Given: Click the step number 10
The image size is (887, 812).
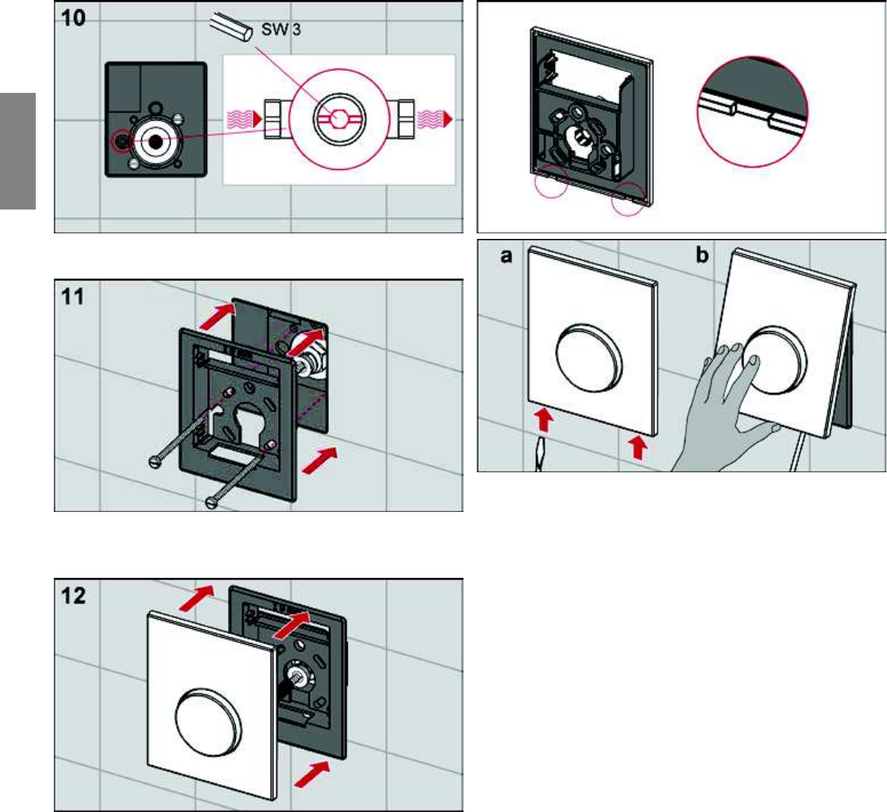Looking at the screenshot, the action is tap(73, 18).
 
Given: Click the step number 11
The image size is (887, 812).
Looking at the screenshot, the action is tap(72, 296).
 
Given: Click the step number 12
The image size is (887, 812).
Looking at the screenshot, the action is tap(73, 595).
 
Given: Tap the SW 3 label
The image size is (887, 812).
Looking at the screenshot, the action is tap(280, 29).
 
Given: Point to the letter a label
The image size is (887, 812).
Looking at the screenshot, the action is tap(507, 256).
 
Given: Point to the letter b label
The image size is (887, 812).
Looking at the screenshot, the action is tap(702, 255).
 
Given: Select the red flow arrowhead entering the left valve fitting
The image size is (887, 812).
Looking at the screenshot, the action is tap(257, 119).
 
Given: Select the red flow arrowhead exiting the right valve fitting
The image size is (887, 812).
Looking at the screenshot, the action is tap(448, 119).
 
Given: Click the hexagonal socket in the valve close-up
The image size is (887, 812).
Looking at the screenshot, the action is tap(339, 119).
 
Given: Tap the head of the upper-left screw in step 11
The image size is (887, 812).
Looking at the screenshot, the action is tap(155, 461).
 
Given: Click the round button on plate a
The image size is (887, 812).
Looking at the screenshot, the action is tap(590, 356).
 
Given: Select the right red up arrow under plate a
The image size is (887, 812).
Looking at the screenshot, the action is tap(638, 447).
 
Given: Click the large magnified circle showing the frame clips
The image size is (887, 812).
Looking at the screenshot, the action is tap(752, 112).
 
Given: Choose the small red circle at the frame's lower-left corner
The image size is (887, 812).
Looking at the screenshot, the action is tap(550, 182).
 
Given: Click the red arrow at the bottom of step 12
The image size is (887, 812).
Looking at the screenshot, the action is tap(312, 774).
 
